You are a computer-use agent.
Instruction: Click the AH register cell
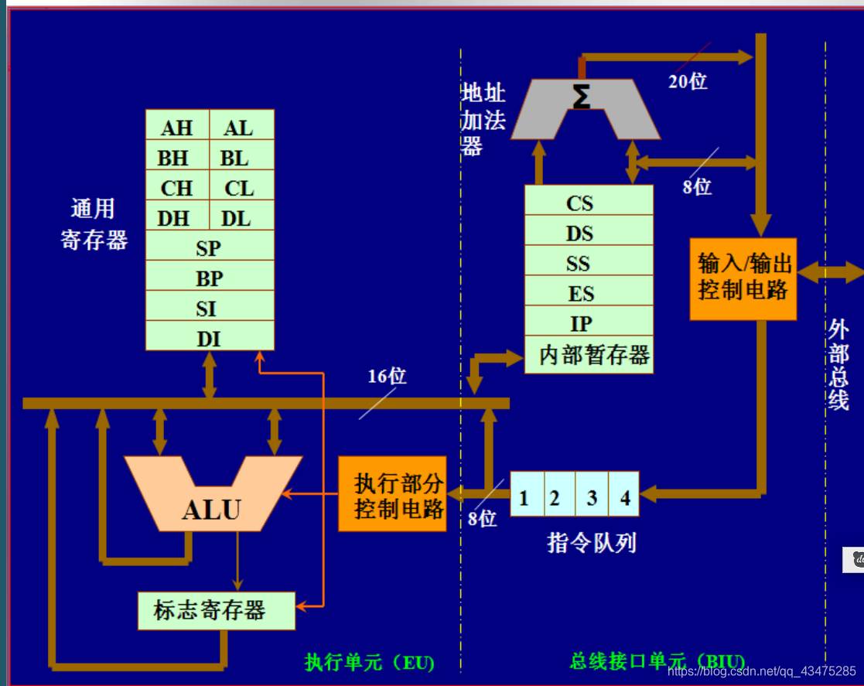[x=177, y=125]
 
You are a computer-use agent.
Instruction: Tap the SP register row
[x=210, y=245]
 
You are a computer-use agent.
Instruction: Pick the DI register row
[x=210, y=336]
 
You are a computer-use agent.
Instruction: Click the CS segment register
[x=589, y=200]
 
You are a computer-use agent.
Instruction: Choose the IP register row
[x=589, y=321]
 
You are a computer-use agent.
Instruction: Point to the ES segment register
[x=589, y=290]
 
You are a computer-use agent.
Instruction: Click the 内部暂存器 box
[x=589, y=355]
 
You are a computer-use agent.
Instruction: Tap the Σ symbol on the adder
[x=582, y=96]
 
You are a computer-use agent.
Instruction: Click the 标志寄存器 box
[x=217, y=611]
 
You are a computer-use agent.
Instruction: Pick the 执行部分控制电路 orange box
[x=392, y=493]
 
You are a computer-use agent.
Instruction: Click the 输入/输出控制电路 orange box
[x=743, y=278]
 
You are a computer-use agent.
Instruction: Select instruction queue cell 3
[x=592, y=493]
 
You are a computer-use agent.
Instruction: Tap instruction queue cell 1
[x=528, y=493]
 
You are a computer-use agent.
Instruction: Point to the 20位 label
[x=688, y=81]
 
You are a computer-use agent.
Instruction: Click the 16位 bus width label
[x=387, y=377]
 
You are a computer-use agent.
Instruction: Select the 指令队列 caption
[x=591, y=543]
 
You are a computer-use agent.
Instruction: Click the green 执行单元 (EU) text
[x=370, y=662]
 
